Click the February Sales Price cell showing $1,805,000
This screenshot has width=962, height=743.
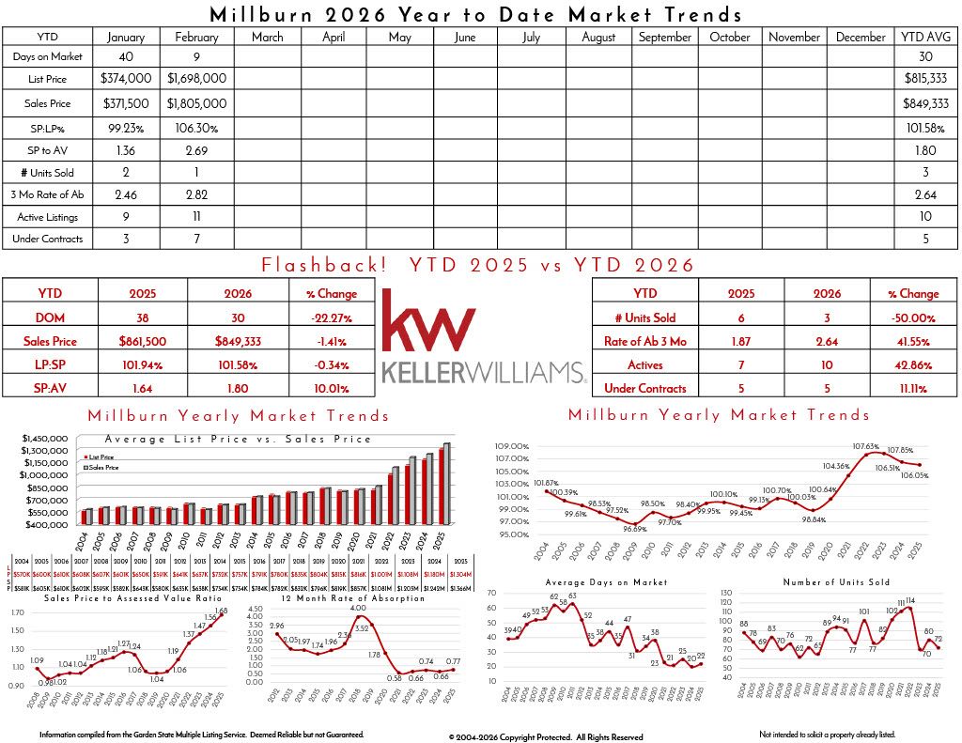point(196,103)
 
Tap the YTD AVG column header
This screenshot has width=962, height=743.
point(926,37)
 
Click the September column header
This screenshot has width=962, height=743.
point(665,37)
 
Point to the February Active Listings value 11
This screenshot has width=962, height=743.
point(196,217)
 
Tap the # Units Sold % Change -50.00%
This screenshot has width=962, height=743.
point(912,317)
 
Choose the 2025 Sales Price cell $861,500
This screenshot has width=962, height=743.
point(144,341)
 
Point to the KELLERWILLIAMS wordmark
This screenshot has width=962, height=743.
point(483,374)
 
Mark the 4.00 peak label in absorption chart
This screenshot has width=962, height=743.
point(358,609)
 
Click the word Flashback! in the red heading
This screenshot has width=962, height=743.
point(324,265)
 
